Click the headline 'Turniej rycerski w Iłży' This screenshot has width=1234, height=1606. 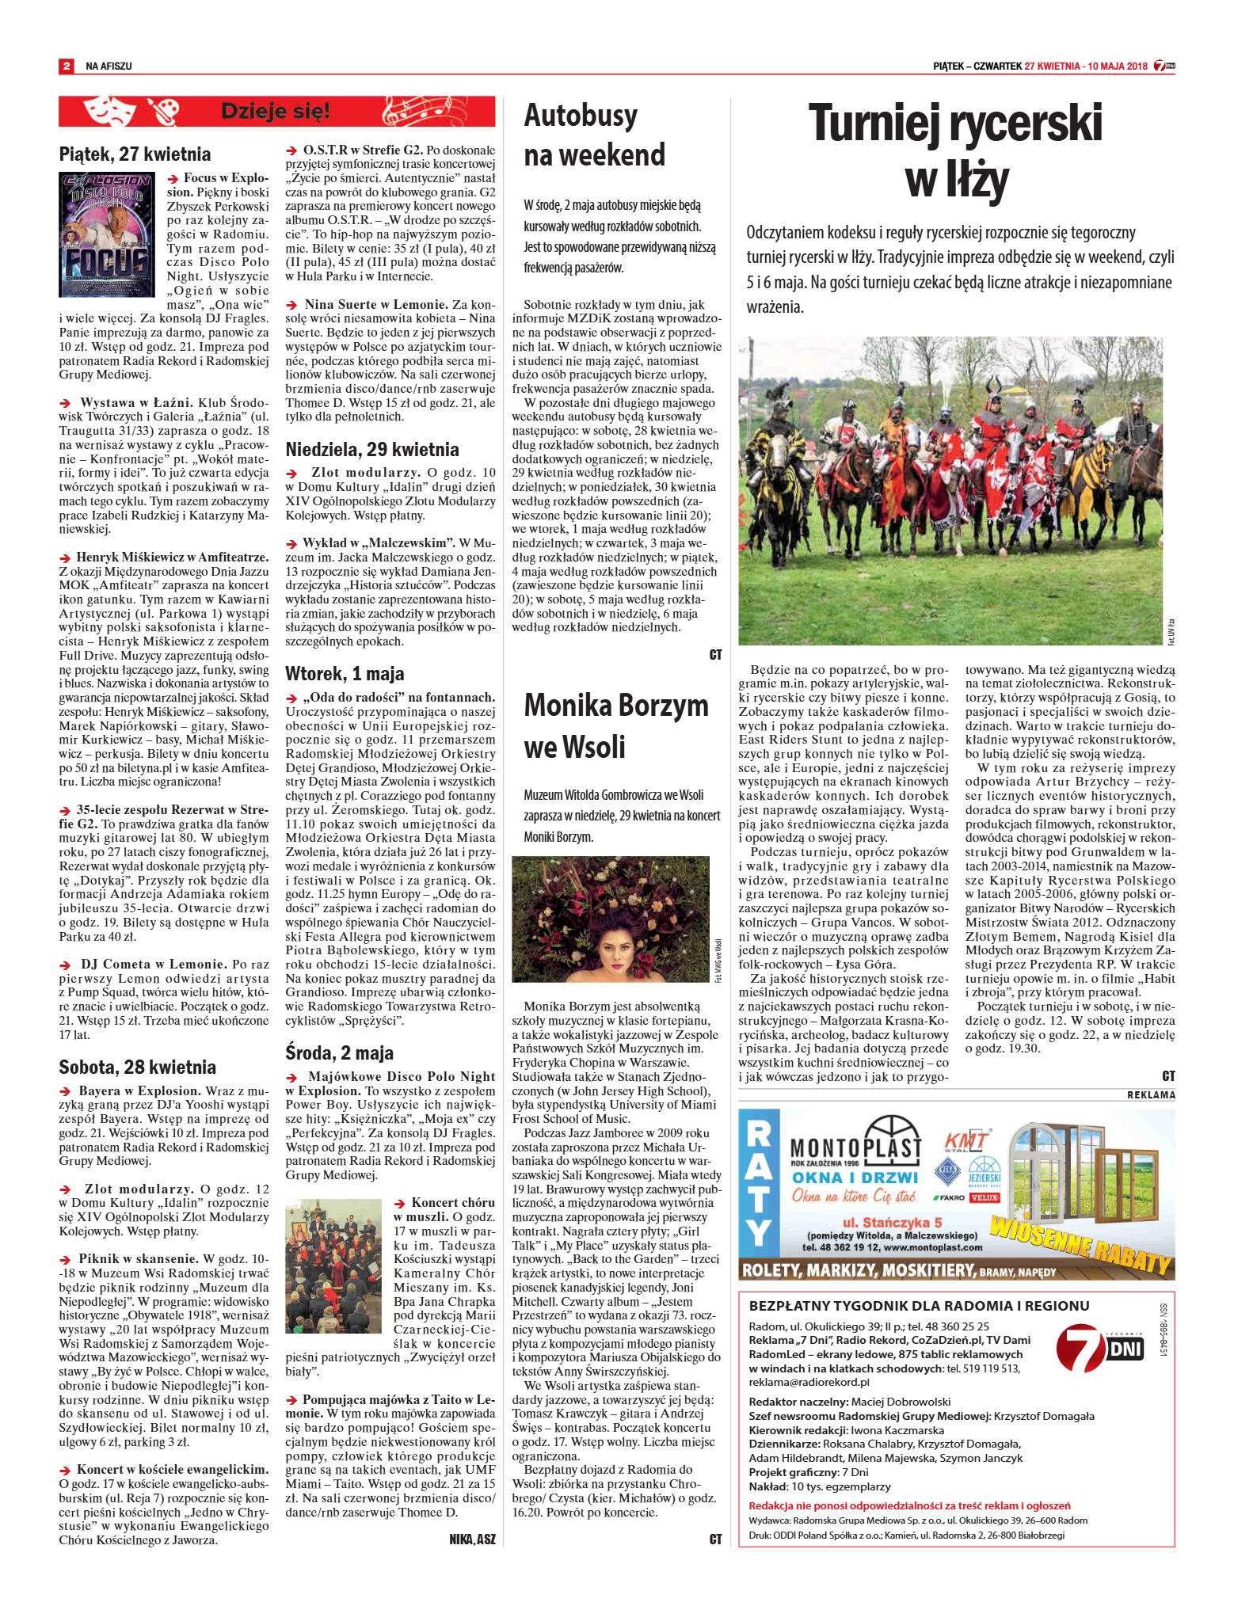point(955,151)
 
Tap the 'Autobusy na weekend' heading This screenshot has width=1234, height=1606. point(594,135)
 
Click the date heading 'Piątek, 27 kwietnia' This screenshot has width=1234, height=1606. point(135,154)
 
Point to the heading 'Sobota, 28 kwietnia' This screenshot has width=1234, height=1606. point(137,1067)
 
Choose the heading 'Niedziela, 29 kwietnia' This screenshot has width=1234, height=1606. point(372,450)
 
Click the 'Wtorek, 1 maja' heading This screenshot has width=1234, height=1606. point(345,674)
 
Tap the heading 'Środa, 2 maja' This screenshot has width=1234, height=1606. point(339,1052)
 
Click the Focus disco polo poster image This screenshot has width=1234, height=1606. point(107,234)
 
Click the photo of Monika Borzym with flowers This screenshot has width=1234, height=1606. point(611,919)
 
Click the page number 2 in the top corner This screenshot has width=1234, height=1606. point(67,67)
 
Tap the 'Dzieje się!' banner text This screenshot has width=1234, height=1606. point(275,111)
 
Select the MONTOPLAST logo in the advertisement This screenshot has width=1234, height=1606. point(855,1140)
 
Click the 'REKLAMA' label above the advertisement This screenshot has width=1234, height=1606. point(1151,1094)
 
